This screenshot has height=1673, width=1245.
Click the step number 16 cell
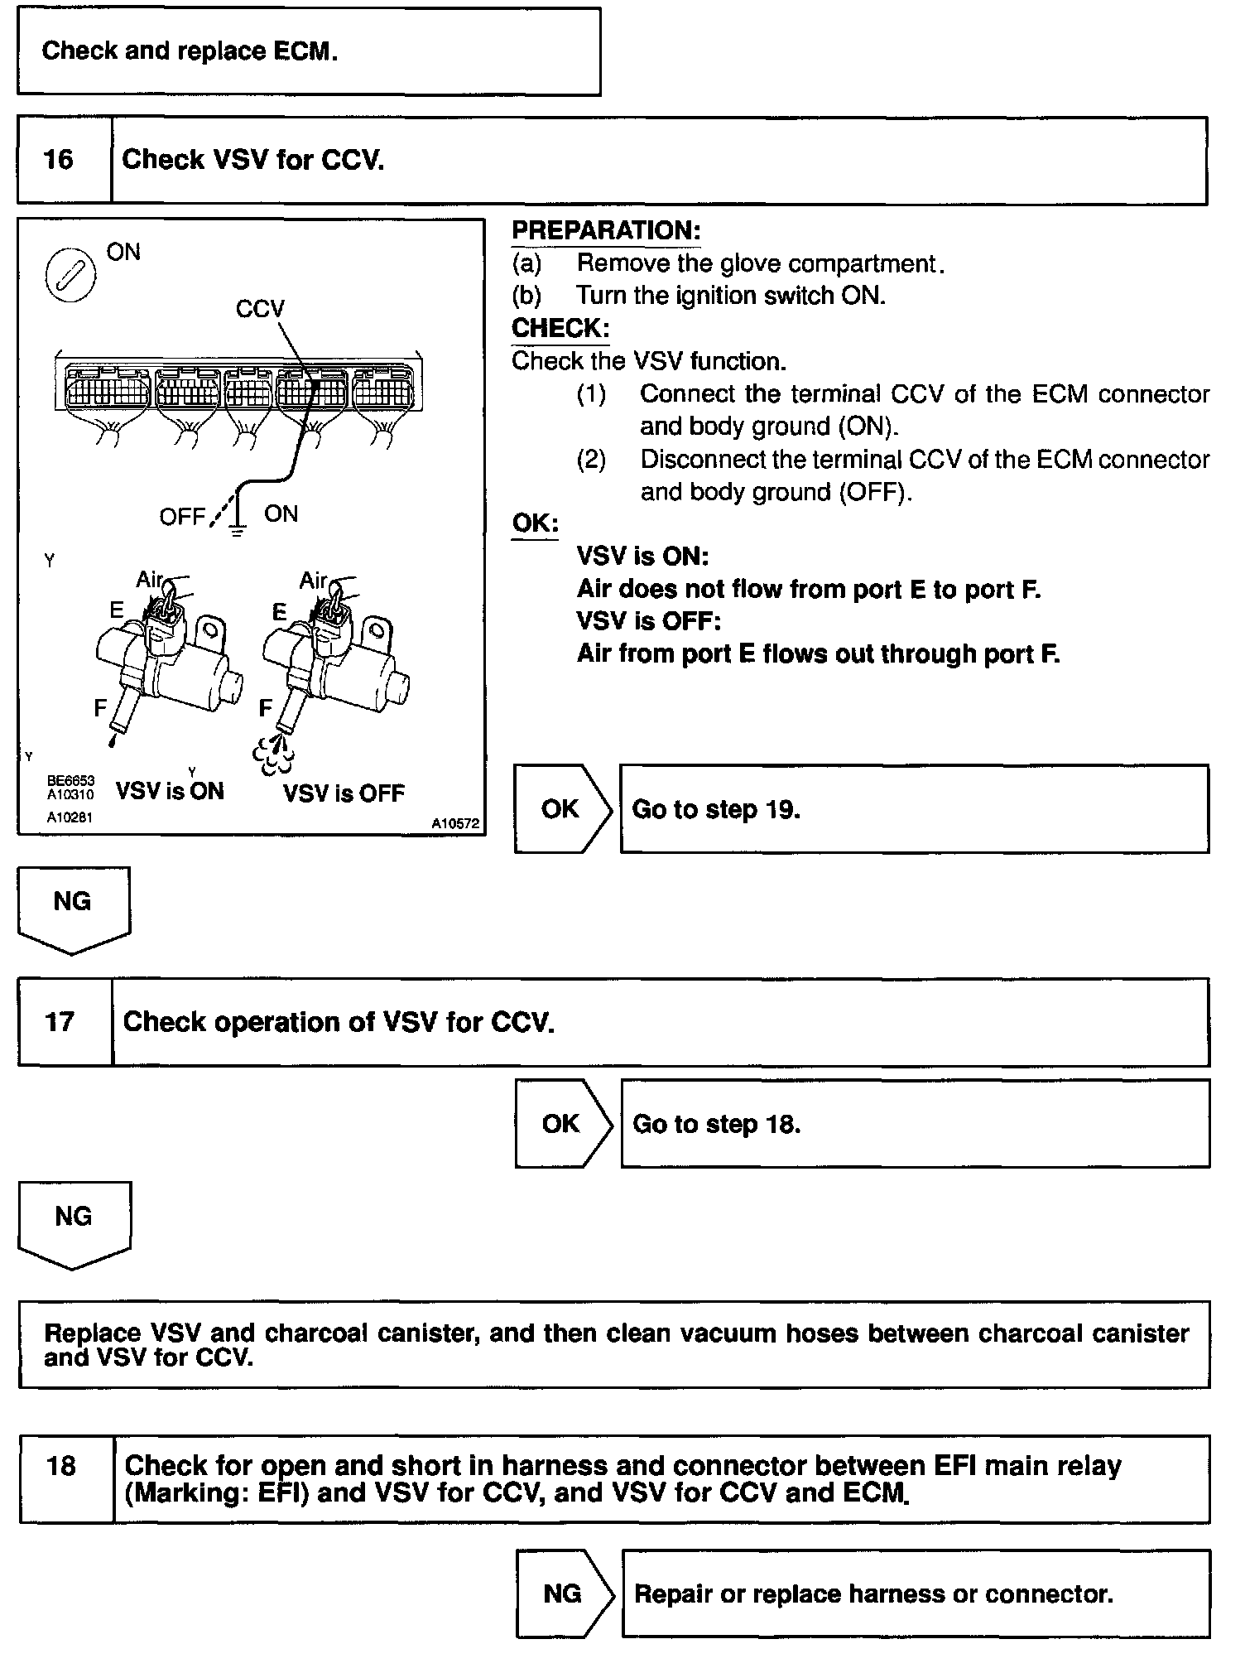tap(59, 160)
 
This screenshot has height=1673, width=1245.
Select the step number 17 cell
tap(60, 1022)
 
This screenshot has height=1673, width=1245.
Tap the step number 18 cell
tap(61, 1467)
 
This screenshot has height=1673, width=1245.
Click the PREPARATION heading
tap(606, 231)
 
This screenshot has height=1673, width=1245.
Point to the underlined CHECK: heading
tap(560, 328)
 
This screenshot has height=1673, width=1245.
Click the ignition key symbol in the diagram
tap(70, 274)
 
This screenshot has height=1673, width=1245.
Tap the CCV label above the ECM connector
tap(259, 309)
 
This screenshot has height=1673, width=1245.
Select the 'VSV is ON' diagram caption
tap(170, 792)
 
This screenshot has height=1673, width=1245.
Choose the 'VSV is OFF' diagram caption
tap(344, 793)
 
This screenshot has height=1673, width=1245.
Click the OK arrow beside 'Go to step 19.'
tap(562, 809)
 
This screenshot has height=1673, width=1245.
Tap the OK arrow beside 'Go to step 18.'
tap(563, 1124)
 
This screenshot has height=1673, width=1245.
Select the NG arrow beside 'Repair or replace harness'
tap(564, 1594)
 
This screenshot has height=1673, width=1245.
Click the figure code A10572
tap(454, 823)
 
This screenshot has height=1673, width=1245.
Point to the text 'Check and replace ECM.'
tap(190, 51)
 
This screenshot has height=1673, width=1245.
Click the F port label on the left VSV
tap(100, 708)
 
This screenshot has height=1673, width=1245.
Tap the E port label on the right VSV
tap(279, 612)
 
